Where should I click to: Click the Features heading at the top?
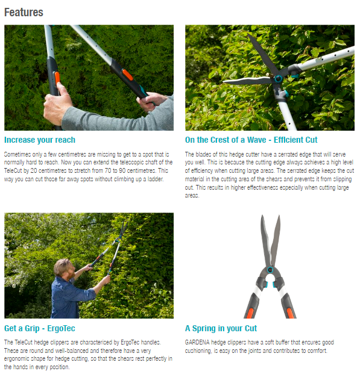click(x=24, y=11)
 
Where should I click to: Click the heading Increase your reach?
click(x=40, y=140)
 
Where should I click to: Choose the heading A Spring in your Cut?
click(x=221, y=328)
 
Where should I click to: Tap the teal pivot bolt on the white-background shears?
click(x=270, y=270)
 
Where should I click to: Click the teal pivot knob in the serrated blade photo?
click(x=278, y=79)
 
